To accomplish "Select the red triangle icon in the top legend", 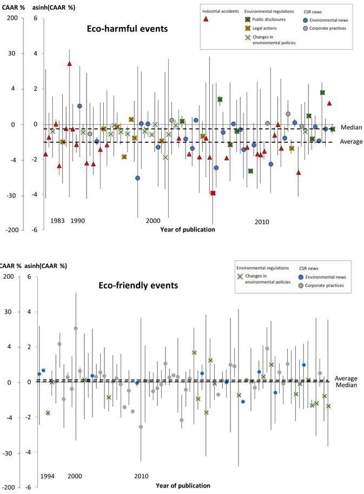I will [x=206, y=19].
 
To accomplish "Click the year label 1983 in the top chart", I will [x=57, y=221].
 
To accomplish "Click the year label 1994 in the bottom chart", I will [x=48, y=476].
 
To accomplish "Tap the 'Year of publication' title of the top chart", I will [x=187, y=229].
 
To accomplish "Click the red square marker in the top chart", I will [x=213, y=193].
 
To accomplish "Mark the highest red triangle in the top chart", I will [x=69, y=64].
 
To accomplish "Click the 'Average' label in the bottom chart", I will [x=346, y=378].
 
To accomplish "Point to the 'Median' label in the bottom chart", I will [x=346, y=385].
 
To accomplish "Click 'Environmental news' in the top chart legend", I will [x=329, y=19].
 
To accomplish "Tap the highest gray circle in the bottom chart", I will [x=76, y=328].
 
